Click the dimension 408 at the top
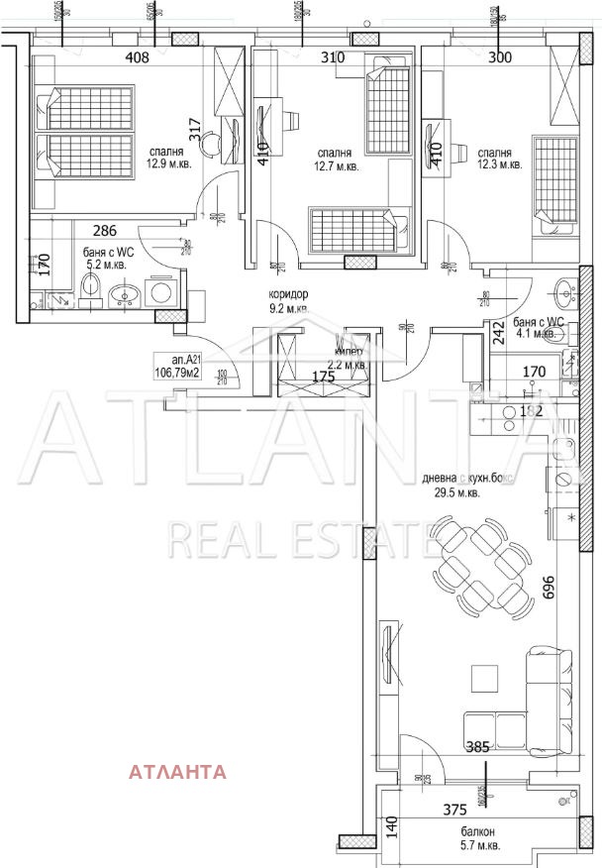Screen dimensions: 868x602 click(137, 57)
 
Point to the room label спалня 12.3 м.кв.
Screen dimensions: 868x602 click(495, 159)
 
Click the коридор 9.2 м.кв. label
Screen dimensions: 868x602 click(288, 301)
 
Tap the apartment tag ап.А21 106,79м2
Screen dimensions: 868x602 click(179, 367)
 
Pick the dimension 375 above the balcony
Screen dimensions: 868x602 click(455, 808)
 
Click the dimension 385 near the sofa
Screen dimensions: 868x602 click(478, 748)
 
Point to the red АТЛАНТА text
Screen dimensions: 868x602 click(178, 771)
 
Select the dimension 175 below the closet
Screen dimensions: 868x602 click(324, 378)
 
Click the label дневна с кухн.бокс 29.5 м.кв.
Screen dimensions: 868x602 click(451, 485)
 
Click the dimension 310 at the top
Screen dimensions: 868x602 click(333, 57)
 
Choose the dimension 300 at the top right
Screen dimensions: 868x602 click(500, 57)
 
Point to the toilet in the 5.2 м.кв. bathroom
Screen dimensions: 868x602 click(90, 288)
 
